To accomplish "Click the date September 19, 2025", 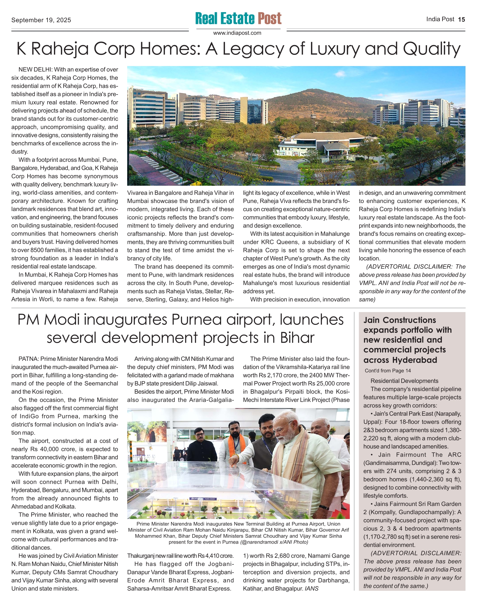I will [41, 20].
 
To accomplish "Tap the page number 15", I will [461, 19].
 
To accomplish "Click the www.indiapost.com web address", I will [237, 33].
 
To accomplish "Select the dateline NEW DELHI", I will [35, 70].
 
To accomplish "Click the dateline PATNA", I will [28, 359].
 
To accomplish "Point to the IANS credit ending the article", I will [312, 589].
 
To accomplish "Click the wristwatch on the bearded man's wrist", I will [323, 507].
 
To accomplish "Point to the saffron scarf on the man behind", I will [235, 444].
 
